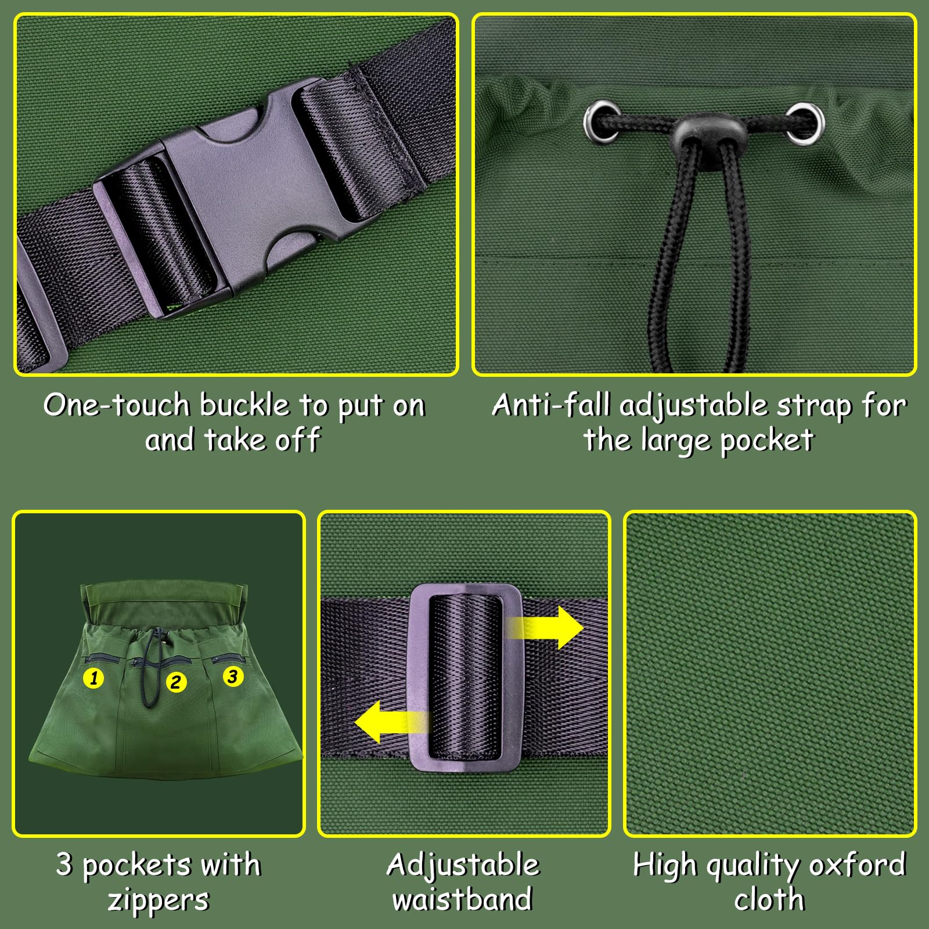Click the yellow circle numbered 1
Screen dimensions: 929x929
coord(93,678)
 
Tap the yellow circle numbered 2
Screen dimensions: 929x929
coord(175,682)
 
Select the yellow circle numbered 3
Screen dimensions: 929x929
coord(233,676)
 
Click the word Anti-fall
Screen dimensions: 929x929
coord(551,404)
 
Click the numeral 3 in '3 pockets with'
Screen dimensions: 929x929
coord(64,865)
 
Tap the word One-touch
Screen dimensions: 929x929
coord(117,405)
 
